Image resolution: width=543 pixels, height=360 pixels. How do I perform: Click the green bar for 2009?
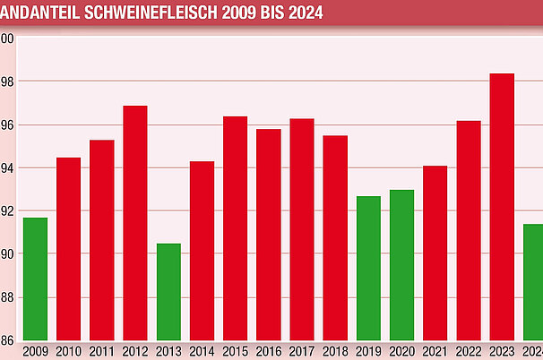point(35,279)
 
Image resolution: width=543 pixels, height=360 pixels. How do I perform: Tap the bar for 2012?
point(135,223)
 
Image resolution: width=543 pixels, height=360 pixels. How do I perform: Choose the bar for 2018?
point(335,237)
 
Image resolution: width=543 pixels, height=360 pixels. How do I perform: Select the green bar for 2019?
point(368,268)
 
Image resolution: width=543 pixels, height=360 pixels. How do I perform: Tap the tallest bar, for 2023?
point(502,207)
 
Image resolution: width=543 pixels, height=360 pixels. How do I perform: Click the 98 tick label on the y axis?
point(7,81)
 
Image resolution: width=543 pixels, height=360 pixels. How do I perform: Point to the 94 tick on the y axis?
point(7,168)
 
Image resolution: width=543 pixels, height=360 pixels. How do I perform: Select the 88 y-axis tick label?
point(7,297)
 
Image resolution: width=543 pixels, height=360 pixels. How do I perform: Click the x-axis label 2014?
point(203,350)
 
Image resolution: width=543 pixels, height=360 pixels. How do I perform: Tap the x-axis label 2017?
point(302,350)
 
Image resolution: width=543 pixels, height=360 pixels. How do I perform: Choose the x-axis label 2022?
point(469,350)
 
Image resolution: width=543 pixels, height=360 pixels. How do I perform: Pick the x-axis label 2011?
point(102,350)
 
